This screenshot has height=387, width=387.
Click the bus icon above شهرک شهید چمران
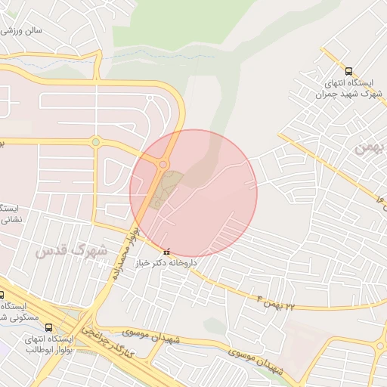pos(348,71)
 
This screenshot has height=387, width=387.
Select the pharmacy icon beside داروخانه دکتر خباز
pos(166,252)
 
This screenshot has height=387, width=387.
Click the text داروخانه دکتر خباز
pos(166,264)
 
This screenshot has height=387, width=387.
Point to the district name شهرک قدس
pos(71,249)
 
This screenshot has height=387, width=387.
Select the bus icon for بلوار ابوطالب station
pos(48,327)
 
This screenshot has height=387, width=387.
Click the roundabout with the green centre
pos(95,141)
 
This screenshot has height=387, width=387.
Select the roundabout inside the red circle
pos(163,164)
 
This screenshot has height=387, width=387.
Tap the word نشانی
pos(9,220)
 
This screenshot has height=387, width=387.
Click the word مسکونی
pos(17,317)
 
